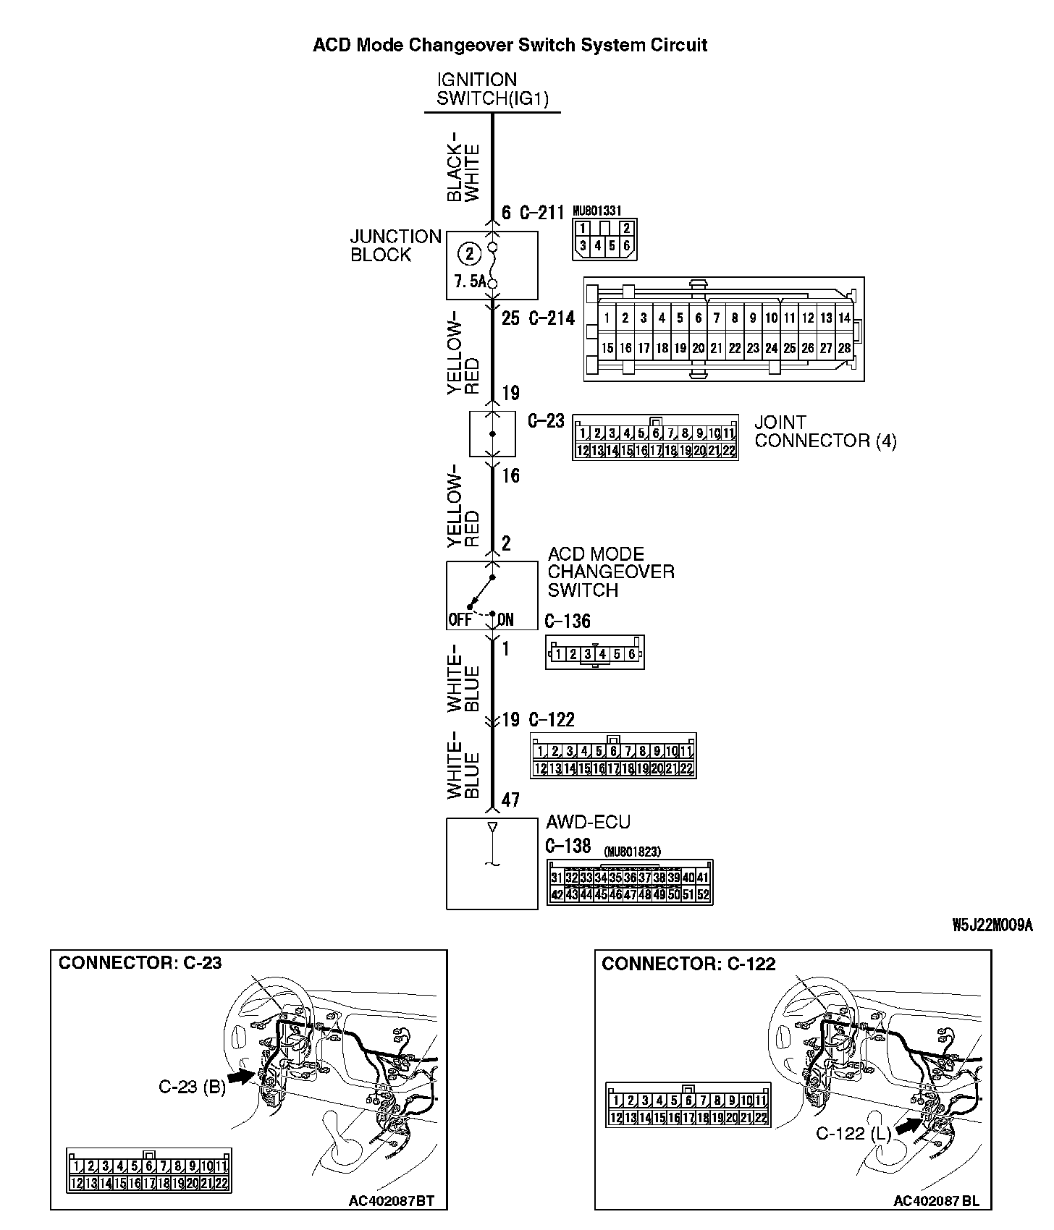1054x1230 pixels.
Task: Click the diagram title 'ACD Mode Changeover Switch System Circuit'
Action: [x=510, y=46]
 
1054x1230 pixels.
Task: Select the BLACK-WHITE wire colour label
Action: [x=463, y=166]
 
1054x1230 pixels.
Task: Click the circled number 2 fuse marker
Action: [x=470, y=254]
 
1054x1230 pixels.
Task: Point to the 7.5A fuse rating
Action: [x=469, y=282]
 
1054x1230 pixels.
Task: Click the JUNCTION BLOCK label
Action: [x=395, y=246]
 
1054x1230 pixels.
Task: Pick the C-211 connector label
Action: [x=541, y=213]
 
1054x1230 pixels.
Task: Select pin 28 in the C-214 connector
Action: [x=844, y=348]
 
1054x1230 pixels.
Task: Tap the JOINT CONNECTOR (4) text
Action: [x=825, y=432]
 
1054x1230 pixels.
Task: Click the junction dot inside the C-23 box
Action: [x=493, y=434]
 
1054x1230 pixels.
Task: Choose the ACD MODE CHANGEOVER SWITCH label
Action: [x=610, y=572]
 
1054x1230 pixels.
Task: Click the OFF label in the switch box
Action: [x=460, y=620]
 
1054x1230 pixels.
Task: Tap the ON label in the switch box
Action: [x=505, y=620]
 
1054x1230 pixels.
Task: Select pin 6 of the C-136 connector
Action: [x=631, y=655]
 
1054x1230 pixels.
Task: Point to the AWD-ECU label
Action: [x=588, y=822]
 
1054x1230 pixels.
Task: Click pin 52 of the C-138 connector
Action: [x=702, y=894]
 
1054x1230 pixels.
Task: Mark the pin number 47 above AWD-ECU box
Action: [x=510, y=800]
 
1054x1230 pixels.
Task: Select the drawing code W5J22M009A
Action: [x=992, y=925]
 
